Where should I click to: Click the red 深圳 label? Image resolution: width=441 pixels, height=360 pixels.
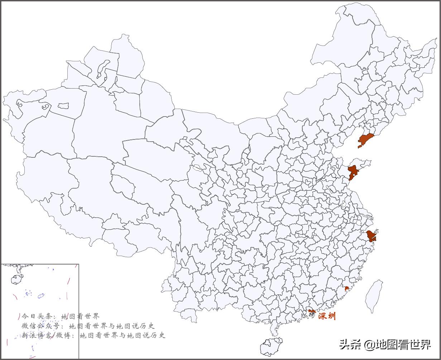(x=327, y=316)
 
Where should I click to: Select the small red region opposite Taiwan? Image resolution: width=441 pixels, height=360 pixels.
(x=346, y=288)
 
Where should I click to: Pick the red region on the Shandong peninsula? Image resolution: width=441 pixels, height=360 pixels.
(x=353, y=172)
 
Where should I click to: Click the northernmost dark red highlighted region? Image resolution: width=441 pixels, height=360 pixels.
(x=365, y=139)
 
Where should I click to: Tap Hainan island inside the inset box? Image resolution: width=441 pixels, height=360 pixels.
(x=16, y=279)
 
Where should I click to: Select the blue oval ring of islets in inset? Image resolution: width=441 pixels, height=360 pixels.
(x=41, y=295)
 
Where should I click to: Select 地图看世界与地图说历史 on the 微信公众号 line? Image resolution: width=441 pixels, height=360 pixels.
(x=111, y=326)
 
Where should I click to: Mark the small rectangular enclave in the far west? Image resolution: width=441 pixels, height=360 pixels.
(x=63, y=106)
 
